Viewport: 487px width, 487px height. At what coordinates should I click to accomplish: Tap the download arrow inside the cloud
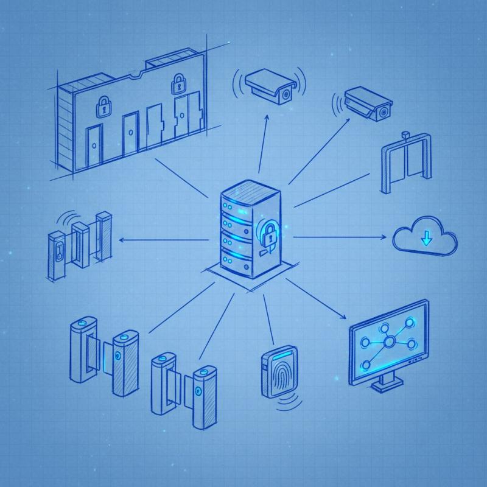click(x=427, y=237)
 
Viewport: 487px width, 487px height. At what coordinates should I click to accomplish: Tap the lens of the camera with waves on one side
click(x=383, y=113)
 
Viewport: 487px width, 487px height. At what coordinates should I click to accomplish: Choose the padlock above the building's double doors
click(x=178, y=83)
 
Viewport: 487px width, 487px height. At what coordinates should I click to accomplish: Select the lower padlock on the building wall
click(x=102, y=108)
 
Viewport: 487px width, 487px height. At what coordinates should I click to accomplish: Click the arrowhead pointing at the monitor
click(x=344, y=319)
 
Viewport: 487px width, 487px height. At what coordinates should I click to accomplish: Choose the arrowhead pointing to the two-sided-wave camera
click(x=266, y=119)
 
